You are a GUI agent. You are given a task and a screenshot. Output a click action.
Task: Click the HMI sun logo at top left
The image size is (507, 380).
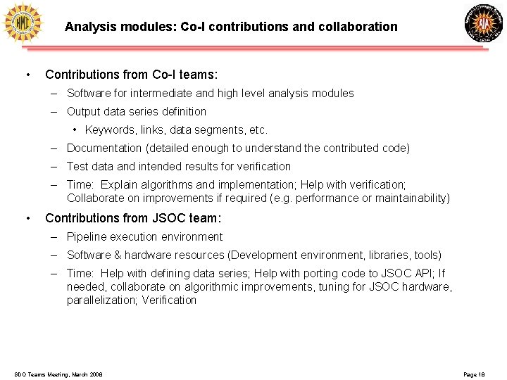tap(23, 23)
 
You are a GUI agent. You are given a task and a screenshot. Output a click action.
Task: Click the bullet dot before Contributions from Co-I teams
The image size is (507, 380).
tap(27, 75)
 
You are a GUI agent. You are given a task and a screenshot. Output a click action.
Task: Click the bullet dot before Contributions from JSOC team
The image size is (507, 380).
tap(27, 218)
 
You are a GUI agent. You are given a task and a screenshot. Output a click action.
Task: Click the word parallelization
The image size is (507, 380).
tap(101, 300)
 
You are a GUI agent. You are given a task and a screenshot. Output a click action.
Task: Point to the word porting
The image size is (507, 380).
tap(314, 274)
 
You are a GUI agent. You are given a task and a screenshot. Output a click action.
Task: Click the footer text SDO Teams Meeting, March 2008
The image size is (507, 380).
tap(58, 374)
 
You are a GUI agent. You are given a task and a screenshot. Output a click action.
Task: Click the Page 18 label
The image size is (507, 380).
tap(475, 374)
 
